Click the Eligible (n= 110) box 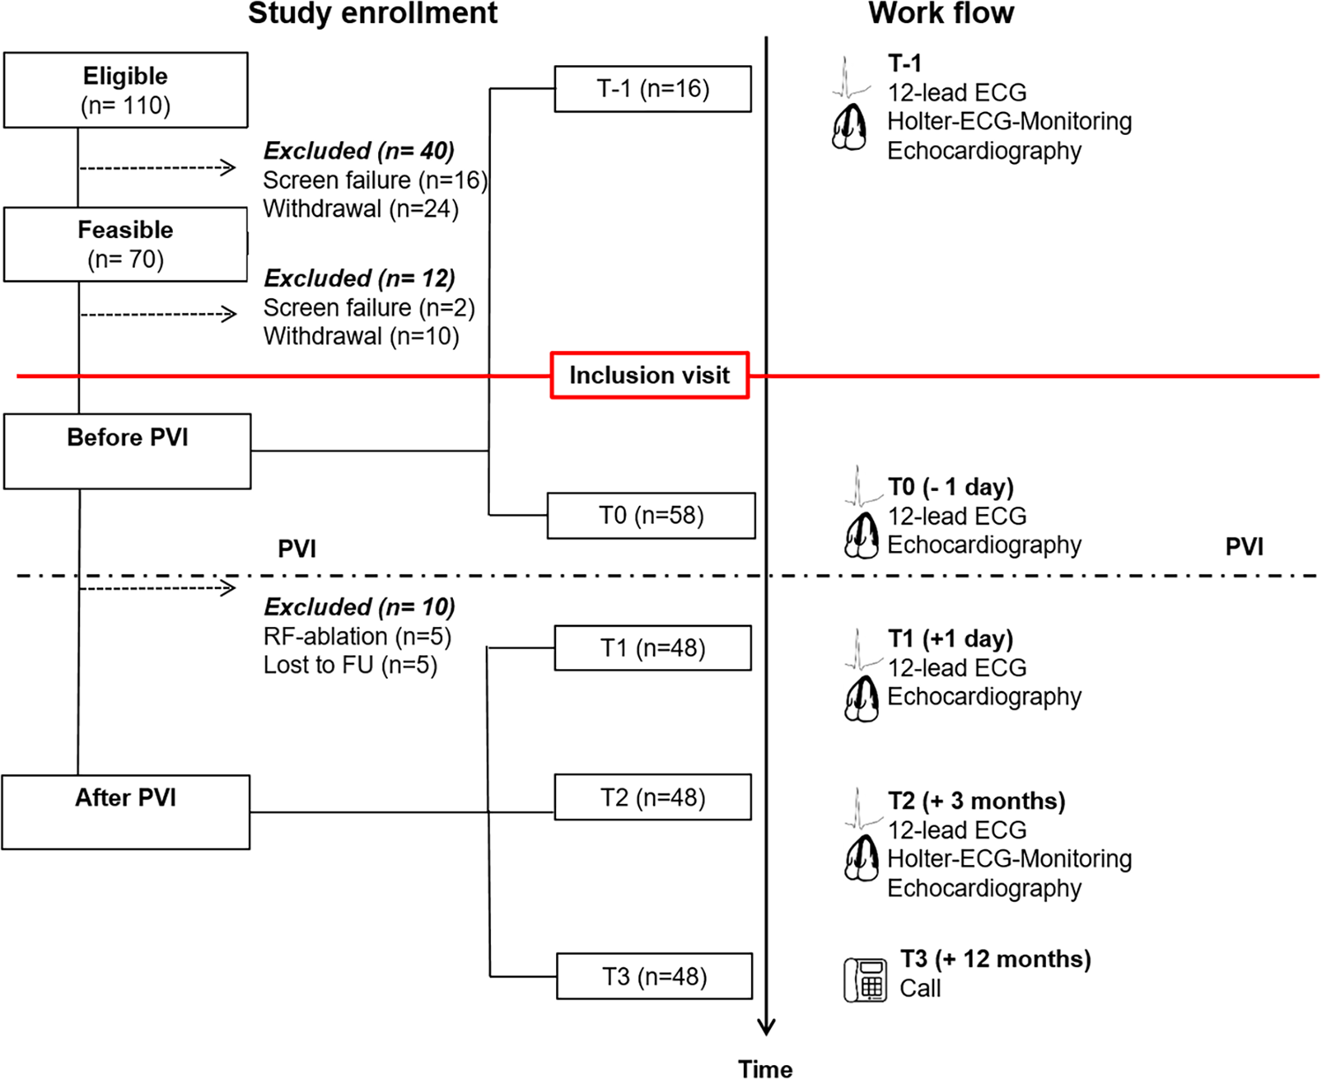(x=125, y=90)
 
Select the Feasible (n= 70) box (x=125, y=244)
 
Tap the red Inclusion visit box (x=650, y=376)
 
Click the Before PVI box (x=127, y=451)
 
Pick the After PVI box (x=126, y=812)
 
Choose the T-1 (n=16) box (x=653, y=89)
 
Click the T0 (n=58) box (x=651, y=516)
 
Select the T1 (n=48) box (x=653, y=648)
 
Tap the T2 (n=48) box (x=653, y=798)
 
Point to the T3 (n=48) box (x=655, y=977)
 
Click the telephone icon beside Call (x=865, y=979)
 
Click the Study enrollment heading (x=373, y=14)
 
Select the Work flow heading (x=941, y=14)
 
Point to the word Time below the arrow (x=765, y=1069)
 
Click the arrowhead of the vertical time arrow (x=767, y=1027)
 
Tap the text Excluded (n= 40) (x=360, y=151)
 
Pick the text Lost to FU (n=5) (x=351, y=665)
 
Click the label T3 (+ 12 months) (x=996, y=959)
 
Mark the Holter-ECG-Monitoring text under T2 (x=1009, y=859)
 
